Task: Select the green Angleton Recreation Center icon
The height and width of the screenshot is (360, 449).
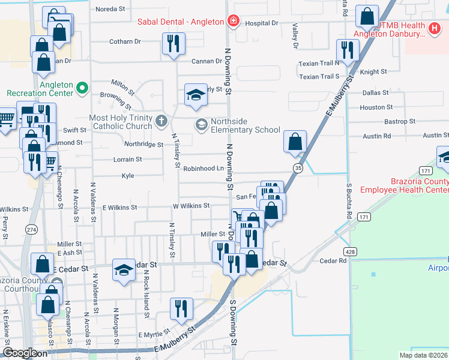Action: (82, 89)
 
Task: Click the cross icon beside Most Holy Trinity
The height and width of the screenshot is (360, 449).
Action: (161, 121)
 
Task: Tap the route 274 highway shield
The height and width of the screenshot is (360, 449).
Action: (31, 229)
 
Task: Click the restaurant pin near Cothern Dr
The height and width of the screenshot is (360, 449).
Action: (173, 43)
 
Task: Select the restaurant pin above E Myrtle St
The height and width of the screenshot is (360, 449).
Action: (181, 308)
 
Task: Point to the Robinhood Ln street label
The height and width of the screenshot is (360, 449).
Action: (203, 169)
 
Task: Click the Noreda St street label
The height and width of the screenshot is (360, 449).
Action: (110, 10)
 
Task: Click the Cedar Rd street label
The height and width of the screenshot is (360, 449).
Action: (333, 261)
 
